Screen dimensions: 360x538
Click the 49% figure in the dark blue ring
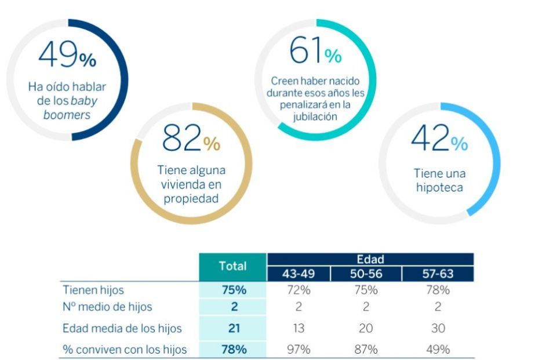tap(67, 56)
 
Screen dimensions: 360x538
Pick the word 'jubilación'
tap(315, 117)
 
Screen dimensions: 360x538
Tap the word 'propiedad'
tap(191, 198)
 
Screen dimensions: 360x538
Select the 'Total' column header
tap(232, 267)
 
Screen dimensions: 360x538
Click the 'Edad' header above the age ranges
tap(370, 260)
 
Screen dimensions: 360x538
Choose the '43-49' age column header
tap(299, 274)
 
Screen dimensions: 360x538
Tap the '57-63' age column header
tap(438, 274)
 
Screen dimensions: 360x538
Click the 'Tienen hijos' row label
tap(93, 290)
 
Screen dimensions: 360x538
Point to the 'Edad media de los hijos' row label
tap(122, 329)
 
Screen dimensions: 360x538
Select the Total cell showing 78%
tap(232, 349)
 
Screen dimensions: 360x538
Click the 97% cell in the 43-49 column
tap(299, 349)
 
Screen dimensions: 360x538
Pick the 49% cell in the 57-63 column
tap(438, 349)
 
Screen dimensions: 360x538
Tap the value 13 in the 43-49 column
tap(299, 329)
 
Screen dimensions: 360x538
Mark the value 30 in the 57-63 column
tap(438, 329)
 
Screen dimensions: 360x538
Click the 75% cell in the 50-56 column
tap(366, 290)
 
